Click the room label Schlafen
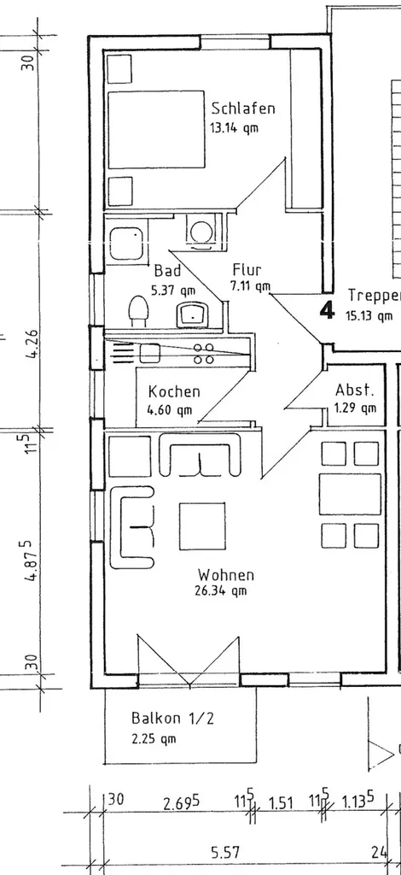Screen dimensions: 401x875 coord(243,108)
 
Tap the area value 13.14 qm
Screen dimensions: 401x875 coord(234,128)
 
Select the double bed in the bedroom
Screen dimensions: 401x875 coord(156,130)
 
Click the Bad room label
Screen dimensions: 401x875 coord(167,271)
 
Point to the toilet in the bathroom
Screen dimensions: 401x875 coord(137,311)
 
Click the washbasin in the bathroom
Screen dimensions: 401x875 coord(192,314)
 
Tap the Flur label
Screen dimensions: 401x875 coord(247,270)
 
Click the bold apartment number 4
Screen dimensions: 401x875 coord(328,310)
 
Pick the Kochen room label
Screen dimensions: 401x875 coord(174,391)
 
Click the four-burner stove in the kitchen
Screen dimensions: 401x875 coord(204,353)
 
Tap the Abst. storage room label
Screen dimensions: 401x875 coord(355,390)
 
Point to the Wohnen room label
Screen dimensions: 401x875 coord(226,574)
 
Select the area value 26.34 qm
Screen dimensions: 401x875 coord(220,591)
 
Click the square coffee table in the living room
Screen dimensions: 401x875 coord(201,526)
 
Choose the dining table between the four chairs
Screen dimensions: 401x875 coord(350,494)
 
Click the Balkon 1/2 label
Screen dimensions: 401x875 coord(172,718)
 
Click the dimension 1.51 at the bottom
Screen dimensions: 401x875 coord(281,804)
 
